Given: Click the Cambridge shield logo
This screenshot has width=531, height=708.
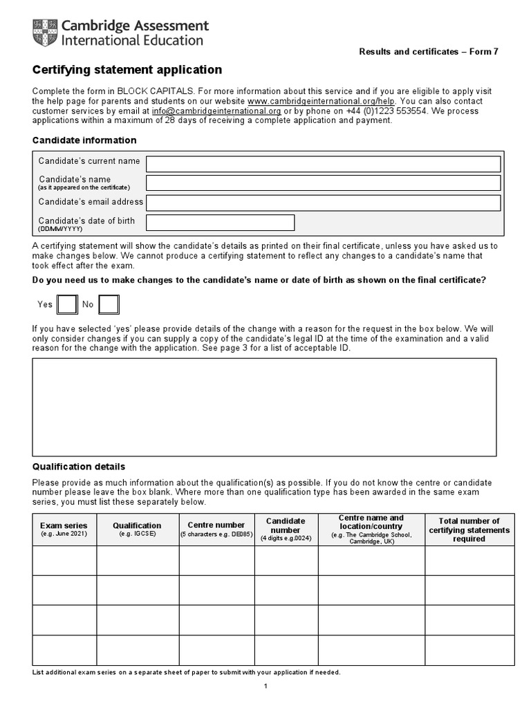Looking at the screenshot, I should pos(45,33).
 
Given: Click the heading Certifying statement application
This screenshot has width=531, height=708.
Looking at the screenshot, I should pos(127,70).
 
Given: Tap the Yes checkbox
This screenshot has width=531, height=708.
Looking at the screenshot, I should pos(67,304).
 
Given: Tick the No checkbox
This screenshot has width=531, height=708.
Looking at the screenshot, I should pos(109,304).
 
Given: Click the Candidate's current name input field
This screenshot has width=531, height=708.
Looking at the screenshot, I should pos(323,164).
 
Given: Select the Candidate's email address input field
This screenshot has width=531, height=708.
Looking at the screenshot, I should pos(323,203).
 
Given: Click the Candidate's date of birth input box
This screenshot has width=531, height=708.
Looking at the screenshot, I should pos(220,223).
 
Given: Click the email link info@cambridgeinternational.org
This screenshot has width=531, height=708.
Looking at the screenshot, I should pos(216,111).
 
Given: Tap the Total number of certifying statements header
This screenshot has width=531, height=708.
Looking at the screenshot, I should pos(469,530).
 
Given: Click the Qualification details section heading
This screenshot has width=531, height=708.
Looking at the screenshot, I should pos(79,467).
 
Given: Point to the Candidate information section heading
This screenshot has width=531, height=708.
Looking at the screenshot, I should pos(84,140).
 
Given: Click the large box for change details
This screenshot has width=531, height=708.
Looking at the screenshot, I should pos(264,407).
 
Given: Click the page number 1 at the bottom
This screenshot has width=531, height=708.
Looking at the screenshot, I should pos(265,686).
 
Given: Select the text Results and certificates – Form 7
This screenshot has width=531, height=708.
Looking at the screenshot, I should pos(428,52).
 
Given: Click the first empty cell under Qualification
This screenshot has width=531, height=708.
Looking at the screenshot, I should pos(138,561).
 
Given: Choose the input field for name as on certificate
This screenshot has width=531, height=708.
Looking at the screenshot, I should pos(323,183).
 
